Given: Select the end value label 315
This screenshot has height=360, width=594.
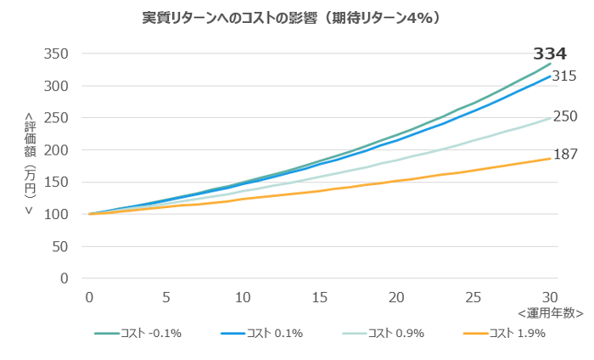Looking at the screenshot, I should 564,76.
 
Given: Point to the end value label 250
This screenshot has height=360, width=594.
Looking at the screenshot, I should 564,117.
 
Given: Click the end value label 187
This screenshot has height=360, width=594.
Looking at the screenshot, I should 564,155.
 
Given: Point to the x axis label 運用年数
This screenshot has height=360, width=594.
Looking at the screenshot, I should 551,312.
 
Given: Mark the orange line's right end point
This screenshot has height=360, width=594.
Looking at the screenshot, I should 550,158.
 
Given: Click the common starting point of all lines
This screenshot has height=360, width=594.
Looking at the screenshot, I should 89,214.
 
